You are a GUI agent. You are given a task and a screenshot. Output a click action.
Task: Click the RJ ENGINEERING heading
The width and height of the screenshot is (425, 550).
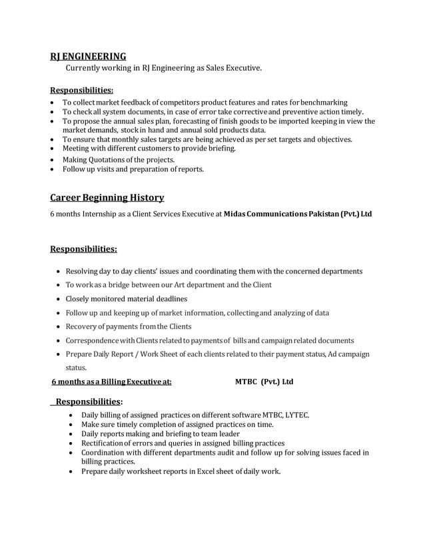tap(88, 56)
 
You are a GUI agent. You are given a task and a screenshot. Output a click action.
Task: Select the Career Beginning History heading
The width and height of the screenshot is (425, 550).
tap(107, 197)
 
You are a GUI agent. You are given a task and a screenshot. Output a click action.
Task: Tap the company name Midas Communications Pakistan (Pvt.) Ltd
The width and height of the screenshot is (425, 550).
tap(298, 214)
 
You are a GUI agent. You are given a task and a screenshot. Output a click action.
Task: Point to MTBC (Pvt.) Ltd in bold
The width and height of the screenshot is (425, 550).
tap(264, 382)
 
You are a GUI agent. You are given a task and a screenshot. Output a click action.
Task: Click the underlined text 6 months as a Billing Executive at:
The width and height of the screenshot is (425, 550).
tap(111, 382)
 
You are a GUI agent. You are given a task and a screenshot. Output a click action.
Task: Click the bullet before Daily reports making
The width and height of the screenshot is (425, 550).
tap(73, 433)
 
